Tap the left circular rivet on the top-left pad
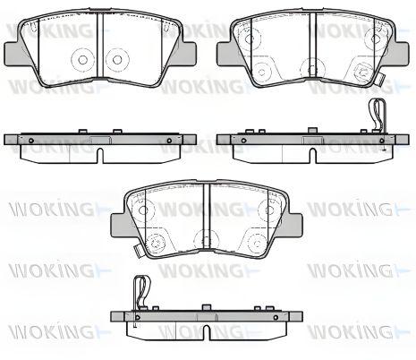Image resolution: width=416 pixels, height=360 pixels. pyautogui.click(x=82, y=60)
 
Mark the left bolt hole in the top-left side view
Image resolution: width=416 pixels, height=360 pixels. pyautogui.click(x=30, y=141)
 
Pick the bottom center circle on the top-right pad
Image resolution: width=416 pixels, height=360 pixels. pyautogui.click(x=310, y=71)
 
